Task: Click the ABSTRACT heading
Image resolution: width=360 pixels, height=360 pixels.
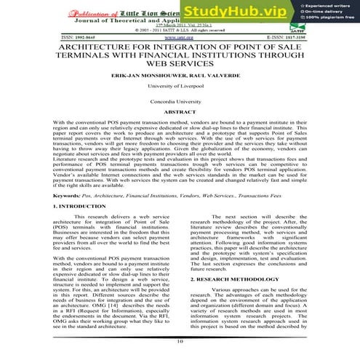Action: pos(179,113)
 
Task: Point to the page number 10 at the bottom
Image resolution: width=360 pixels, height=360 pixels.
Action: pos(179,341)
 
